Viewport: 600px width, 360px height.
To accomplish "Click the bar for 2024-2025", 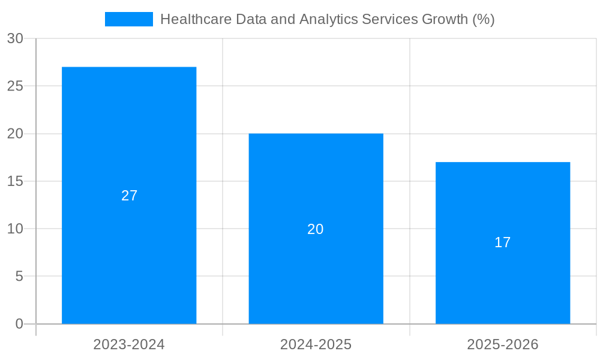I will coord(316,180).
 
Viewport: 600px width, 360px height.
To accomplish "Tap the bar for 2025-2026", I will coord(503,198).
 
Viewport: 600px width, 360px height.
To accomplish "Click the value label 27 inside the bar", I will coord(129,196).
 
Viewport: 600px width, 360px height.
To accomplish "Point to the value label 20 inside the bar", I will coord(316,229).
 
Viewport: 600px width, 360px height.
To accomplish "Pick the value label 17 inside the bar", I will coord(503,242).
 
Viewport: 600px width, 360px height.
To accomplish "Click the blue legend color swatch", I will coord(129,19).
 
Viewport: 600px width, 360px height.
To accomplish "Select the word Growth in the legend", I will coord(445,19).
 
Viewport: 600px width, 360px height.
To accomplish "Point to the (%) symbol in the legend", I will coord(483,19).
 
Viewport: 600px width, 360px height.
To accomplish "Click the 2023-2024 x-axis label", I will coord(129,344).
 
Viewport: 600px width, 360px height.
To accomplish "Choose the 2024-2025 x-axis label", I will coord(316,344).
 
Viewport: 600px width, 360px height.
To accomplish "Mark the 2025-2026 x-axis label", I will coord(503,344).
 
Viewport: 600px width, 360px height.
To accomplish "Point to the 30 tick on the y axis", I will coord(15,38).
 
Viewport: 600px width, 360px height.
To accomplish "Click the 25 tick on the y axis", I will coord(15,86).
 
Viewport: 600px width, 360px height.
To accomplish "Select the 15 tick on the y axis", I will coord(15,181).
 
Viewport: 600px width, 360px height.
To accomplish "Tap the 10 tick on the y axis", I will coord(15,229).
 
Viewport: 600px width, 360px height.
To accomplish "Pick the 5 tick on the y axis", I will coord(19,276).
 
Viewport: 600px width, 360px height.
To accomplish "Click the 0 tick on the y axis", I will coord(19,324).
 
